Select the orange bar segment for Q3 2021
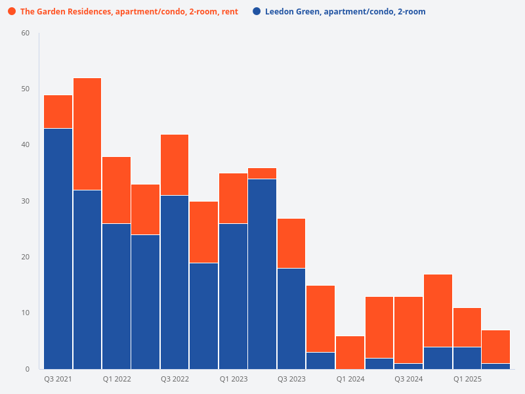pyautogui.click(x=58, y=112)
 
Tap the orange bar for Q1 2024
pyautogui.click(x=350, y=352)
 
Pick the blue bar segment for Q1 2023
pyautogui.click(x=233, y=296)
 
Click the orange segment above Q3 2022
pyautogui.click(x=175, y=165)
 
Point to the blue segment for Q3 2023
pyautogui.click(x=291, y=318)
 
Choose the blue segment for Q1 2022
pyautogui.click(x=116, y=296)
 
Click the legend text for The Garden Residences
pyautogui.click(x=129, y=12)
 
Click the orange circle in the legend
pyautogui.click(x=12, y=12)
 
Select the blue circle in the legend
pyautogui.click(x=257, y=12)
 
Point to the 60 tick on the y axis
pyautogui.click(x=26, y=33)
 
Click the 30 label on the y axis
pyautogui.click(x=26, y=201)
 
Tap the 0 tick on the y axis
pyautogui.click(x=28, y=369)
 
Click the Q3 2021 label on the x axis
pyautogui.click(x=58, y=380)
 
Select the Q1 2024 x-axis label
pyautogui.click(x=350, y=380)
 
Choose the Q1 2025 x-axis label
pyautogui.click(x=467, y=380)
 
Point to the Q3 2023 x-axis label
pyautogui.click(x=291, y=380)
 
